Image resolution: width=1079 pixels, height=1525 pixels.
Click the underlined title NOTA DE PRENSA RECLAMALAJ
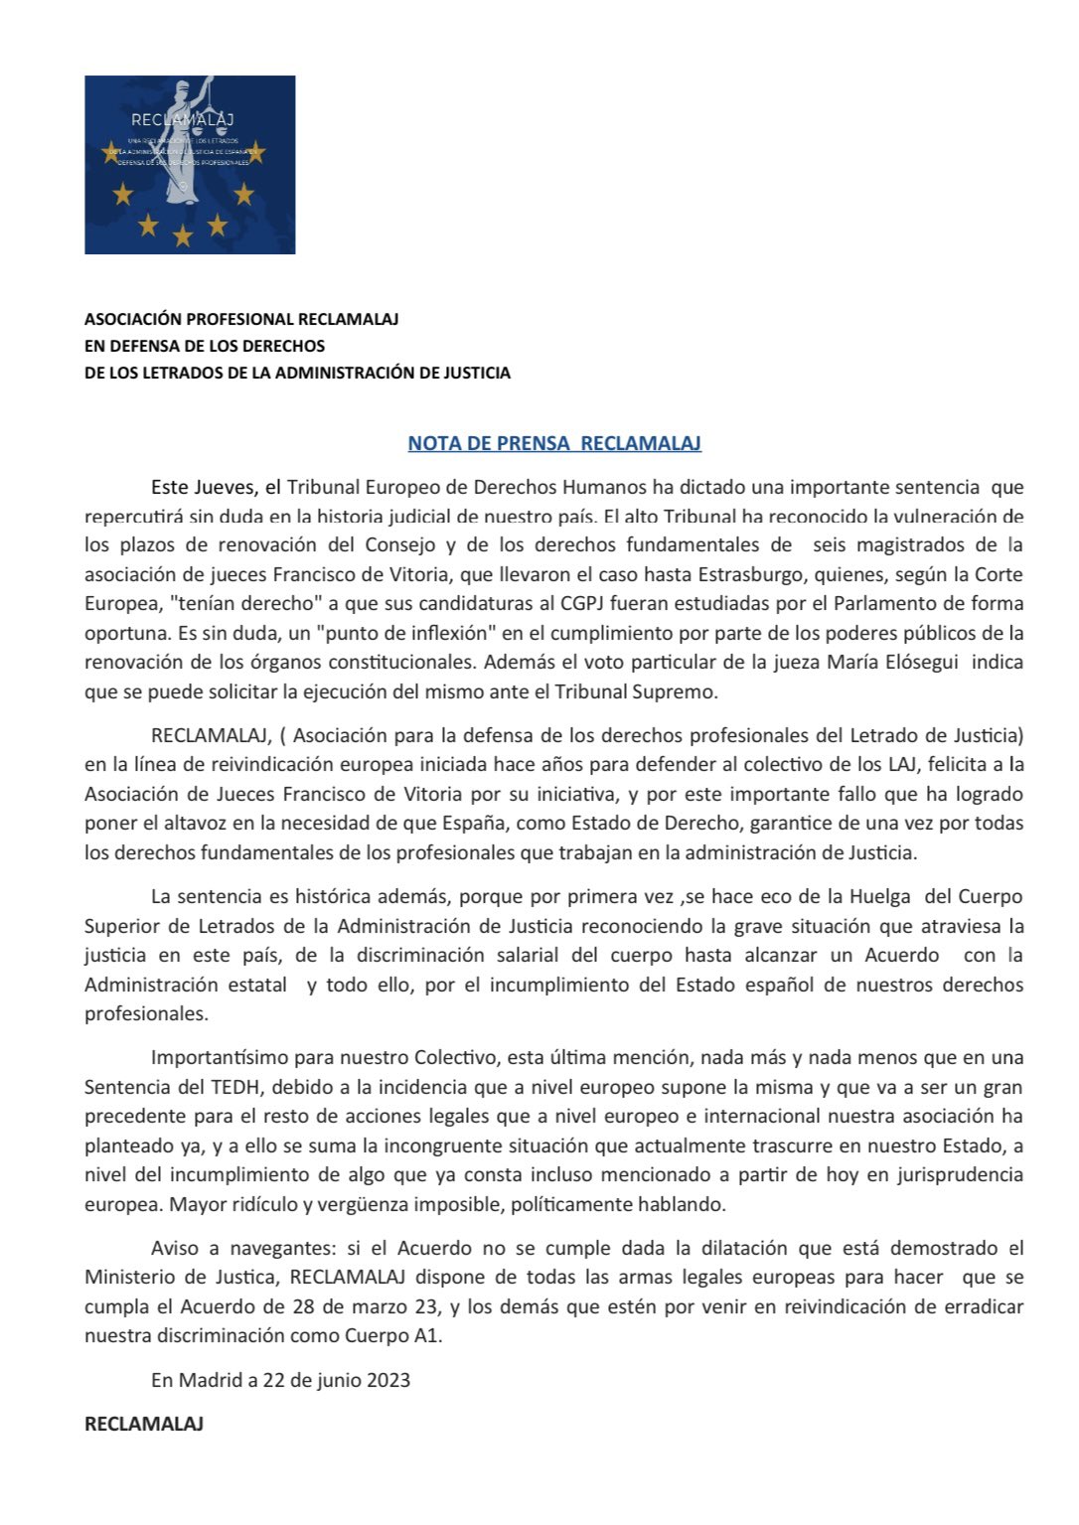pos(554,443)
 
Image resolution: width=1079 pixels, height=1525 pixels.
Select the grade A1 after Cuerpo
pos(426,1335)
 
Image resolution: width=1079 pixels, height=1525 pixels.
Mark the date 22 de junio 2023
pos(337,1379)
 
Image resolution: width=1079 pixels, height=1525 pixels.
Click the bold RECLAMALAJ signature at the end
pos(144,1424)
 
